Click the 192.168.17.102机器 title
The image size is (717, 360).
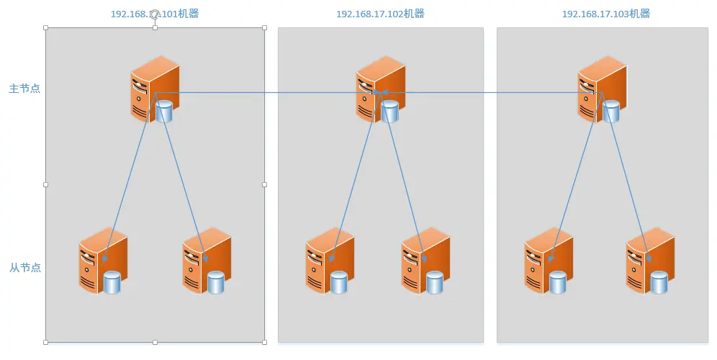point(380,14)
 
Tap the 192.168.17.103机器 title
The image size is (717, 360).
point(606,14)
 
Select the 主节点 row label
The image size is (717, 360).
point(24,89)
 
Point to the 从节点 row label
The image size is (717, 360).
point(24,268)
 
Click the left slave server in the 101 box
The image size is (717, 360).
point(103,261)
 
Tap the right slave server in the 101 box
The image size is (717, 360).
point(206,261)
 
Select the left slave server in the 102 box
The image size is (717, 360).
point(329,261)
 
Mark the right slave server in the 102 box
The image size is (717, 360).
point(425,261)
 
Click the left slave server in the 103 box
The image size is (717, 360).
point(548,261)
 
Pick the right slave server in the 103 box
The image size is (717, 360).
point(650,261)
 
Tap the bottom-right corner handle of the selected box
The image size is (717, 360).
point(264,342)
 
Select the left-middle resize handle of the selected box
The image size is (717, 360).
point(46,185)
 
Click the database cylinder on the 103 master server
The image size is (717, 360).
point(611,111)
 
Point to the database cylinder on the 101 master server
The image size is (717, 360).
point(164,111)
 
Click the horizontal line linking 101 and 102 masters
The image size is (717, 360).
point(266,92)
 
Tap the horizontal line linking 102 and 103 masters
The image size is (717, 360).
point(490,92)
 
